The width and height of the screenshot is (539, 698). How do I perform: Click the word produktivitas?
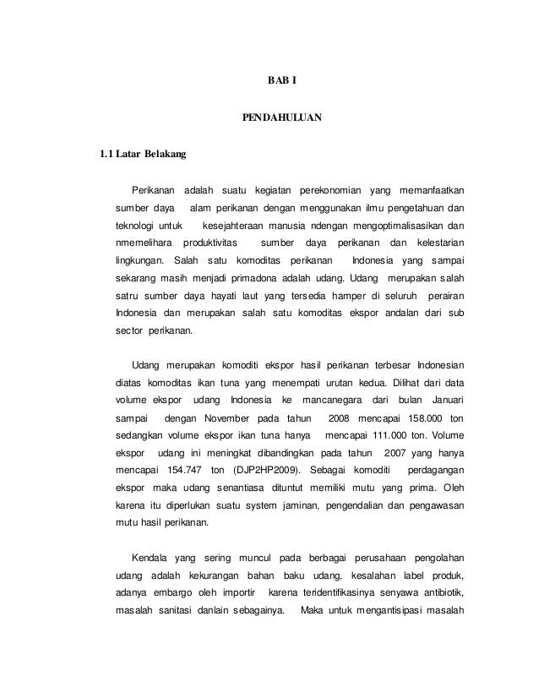212,245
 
